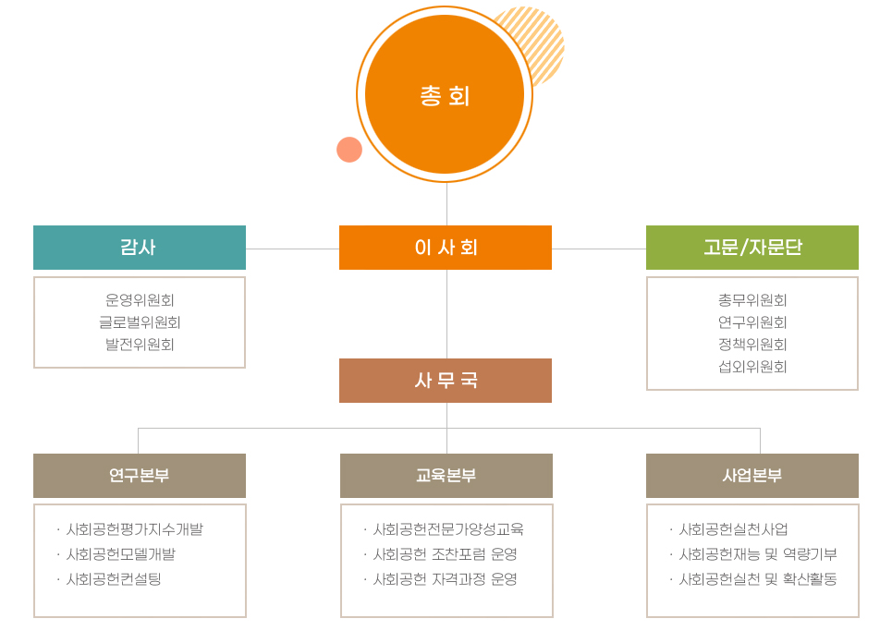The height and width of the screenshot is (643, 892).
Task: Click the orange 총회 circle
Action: [x=445, y=94]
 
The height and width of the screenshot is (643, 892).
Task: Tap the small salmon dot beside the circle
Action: [x=349, y=150]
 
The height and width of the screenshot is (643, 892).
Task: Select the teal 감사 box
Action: [x=140, y=248]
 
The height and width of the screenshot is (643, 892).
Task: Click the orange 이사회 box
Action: [x=446, y=248]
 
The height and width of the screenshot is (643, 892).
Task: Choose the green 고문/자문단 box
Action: [x=752, y=248]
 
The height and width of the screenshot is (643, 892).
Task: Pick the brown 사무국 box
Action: [x=446, y=381]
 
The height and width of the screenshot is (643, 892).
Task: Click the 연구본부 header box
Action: [x=140, y=475]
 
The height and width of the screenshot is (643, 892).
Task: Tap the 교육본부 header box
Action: [x=446, y=475]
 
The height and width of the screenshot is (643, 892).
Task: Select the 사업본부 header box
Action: [x=752, y=475]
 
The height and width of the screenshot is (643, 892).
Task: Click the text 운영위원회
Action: [x=140, y=299]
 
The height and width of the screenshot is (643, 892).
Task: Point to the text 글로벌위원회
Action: [x=140, y=322]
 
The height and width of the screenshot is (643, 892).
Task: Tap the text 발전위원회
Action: [x=140, y=345]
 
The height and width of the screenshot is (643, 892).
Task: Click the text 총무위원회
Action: [x=752, y=299]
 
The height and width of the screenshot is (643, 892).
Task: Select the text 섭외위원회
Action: [x=752, y=367]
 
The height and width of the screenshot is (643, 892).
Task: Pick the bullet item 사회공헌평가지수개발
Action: [x=135, y=529]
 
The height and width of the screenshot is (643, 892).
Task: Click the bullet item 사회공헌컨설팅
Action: [x=114, y=579]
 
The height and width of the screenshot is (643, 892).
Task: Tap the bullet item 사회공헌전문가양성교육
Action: [x=448, y=529]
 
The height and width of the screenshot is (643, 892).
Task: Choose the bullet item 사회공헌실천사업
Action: [x=734, y=529]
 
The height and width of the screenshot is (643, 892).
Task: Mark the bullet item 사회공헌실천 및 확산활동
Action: [x=758, y=579]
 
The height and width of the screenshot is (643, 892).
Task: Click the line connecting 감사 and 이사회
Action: [x=292, y=249]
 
